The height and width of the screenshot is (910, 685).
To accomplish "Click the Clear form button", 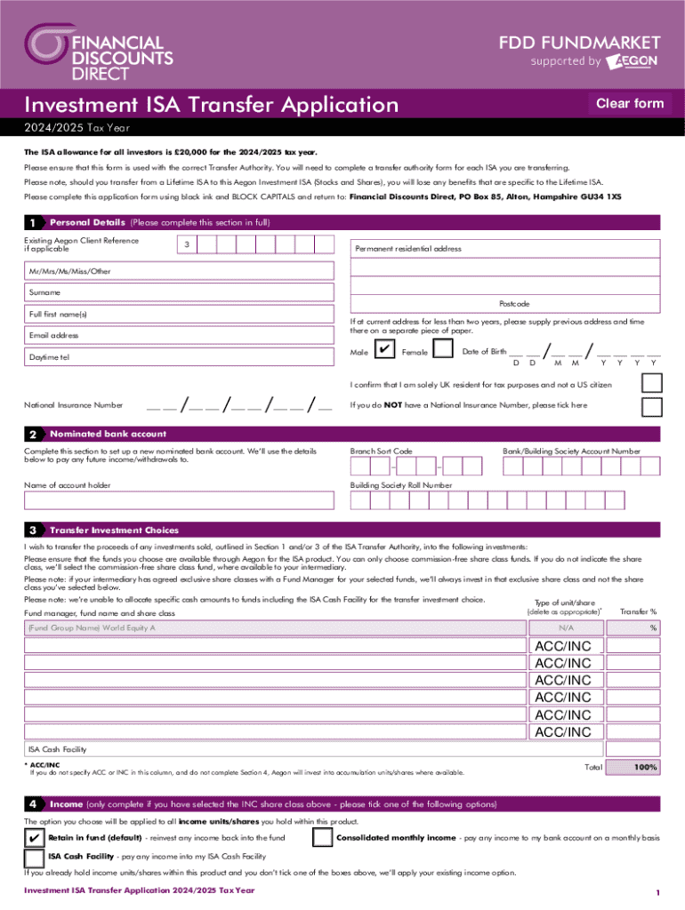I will pyautogui.click(x=630, y=104).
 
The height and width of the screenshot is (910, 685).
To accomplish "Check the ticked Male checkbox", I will pyautogui.click(x=385, y=352).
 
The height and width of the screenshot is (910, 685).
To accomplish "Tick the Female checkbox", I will pyautogui.click(x=443, y=352).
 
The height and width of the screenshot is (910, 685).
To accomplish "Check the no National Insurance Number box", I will pyautogui.click(x=652, y=405).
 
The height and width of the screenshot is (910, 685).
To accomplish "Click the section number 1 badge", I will pyautogui.click(x=33, y=222).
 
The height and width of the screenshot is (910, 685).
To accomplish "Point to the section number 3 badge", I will pyautogui.click(x=33, y=530).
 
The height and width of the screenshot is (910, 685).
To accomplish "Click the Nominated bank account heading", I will pyautogui.click(x=108, y=434).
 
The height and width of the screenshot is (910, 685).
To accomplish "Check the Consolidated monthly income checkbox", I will pyautogui.click(x=324, y=838).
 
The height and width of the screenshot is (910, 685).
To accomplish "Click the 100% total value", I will pyautogui.click(x=645, y=767).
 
